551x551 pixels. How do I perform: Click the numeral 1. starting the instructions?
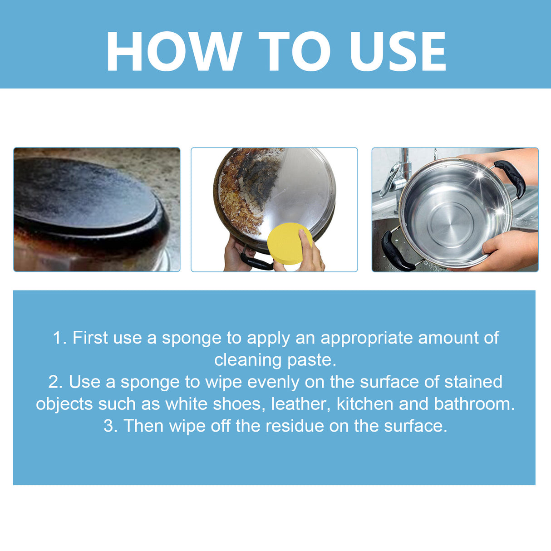[60, 338]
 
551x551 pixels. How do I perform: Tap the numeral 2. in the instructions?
[55, 382]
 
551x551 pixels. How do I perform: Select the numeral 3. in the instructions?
[110, 426]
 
